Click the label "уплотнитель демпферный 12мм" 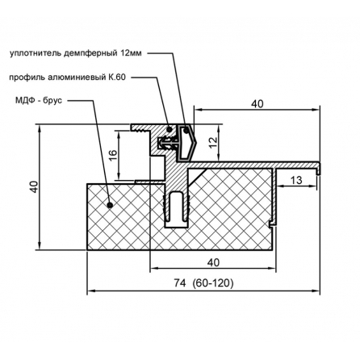(x=75, y=53)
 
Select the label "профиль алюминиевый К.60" (x=67, y=77)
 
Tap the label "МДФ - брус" (x=39, y=101)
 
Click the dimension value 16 (x=114, y=155)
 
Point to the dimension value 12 (x=213, y=143)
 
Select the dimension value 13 (x=296, y=180)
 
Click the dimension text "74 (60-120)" (x=203, y=283)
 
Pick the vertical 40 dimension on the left (x=34, y=186)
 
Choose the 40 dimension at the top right (x=257, y=104)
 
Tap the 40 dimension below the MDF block (x=213, y=262)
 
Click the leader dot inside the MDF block (x=110, y=205)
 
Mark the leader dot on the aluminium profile (x=170, y=129)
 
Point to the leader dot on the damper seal (x=186, y=131)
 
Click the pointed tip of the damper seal (x=197, y=142)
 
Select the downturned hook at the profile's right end (x=318, y=170)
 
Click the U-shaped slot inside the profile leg (x=177, y=207)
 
